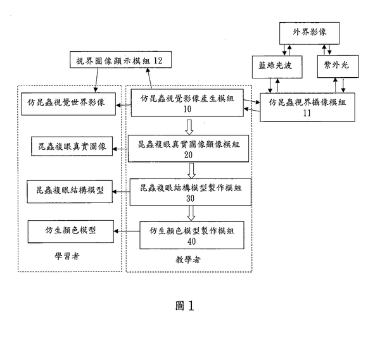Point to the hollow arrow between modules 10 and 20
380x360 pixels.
coord(190,126)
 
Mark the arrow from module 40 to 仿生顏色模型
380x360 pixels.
coord(126,230)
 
